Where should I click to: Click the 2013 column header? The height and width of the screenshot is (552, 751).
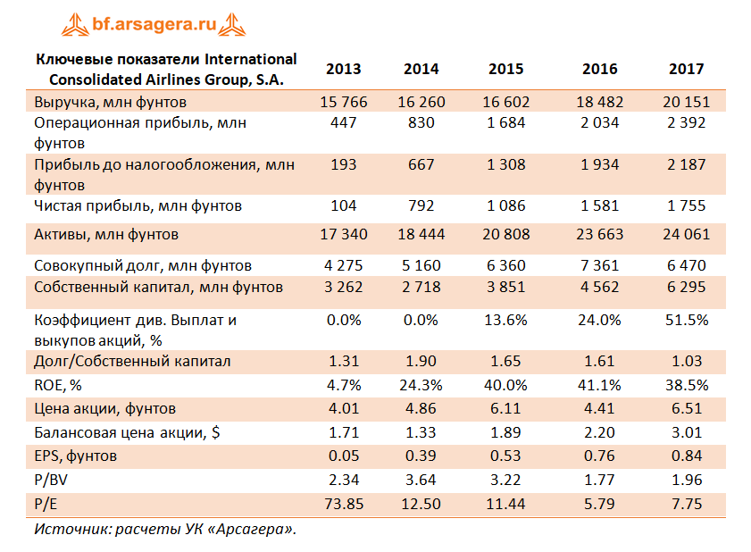point(344,69)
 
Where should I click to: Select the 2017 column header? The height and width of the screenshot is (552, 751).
point(687,69)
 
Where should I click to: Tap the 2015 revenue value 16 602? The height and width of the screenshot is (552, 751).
point(505,102)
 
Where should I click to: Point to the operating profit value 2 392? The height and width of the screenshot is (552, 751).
point(687,122)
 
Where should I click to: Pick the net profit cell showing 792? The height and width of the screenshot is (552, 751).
point(421,206)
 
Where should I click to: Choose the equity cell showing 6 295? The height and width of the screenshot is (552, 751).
point(687,287)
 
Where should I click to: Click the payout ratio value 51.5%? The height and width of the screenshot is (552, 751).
point(687,319)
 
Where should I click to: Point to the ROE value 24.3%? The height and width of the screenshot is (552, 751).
point(421,386)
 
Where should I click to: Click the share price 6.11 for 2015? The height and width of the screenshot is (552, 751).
point(505,409)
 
